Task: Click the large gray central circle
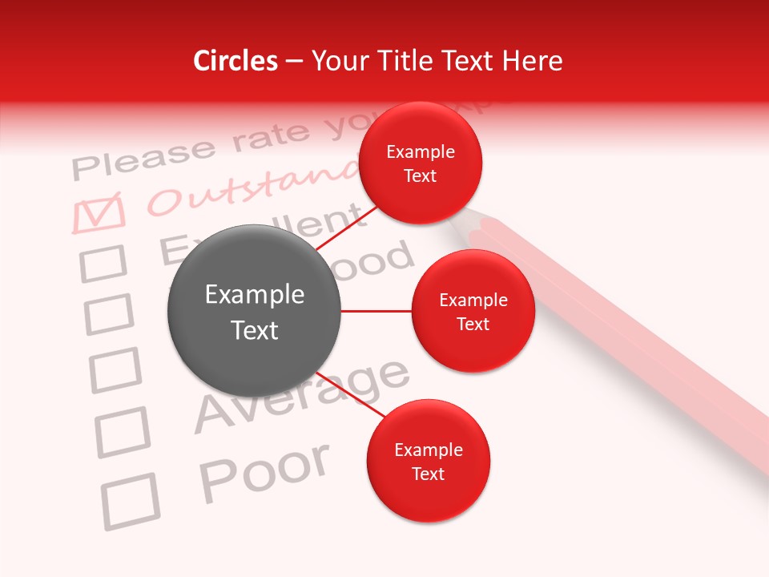[x=255, y=312]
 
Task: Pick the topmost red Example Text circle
[x=421, y=163]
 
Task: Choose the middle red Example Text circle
[x=473, y=312]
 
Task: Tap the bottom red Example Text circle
[x=429, y=462]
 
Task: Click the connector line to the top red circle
[x=346, y=228]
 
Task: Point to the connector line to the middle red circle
[x=376, y=311]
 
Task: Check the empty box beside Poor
[x=129, y=501]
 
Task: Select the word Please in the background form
[x=144, y=158]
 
